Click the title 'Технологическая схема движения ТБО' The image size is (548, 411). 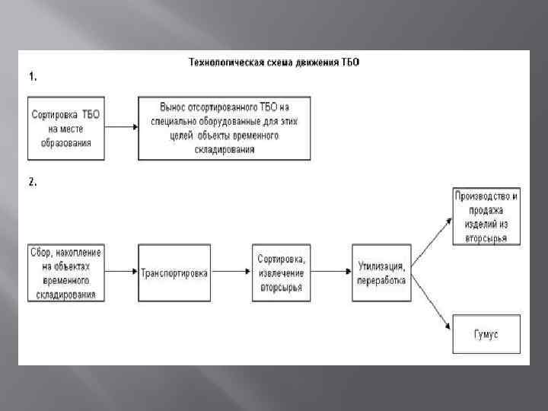click(x=273, y=62)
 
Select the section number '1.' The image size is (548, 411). click(x=33, y=76)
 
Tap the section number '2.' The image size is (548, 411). click(x=33, y=182)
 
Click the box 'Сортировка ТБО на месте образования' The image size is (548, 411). click(x=67, y=128)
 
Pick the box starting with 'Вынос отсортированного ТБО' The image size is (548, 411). click(x=225, y=128)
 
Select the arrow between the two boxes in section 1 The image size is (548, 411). click(x=121, y=128)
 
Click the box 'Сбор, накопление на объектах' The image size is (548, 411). click(x=66, y=272)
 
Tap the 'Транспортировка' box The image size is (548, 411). click(x=174, y=272)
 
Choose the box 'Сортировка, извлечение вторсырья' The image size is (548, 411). click(x=281, y=272)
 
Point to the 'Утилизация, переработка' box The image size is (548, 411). click(x=382, y=272)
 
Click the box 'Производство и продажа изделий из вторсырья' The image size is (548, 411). click(x=486, y=217)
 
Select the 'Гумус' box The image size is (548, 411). click(x=486, y=333)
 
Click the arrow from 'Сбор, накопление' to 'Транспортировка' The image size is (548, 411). click(x=121, y=272)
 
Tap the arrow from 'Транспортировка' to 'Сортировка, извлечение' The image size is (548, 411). click(x=231, y=272)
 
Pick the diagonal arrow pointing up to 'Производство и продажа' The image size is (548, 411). click(x=432, y=236)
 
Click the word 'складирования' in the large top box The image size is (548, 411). click(x=225, y=150)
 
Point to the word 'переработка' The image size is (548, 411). click(x=382, y=279)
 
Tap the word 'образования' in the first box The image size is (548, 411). click(x=67, y=142)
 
